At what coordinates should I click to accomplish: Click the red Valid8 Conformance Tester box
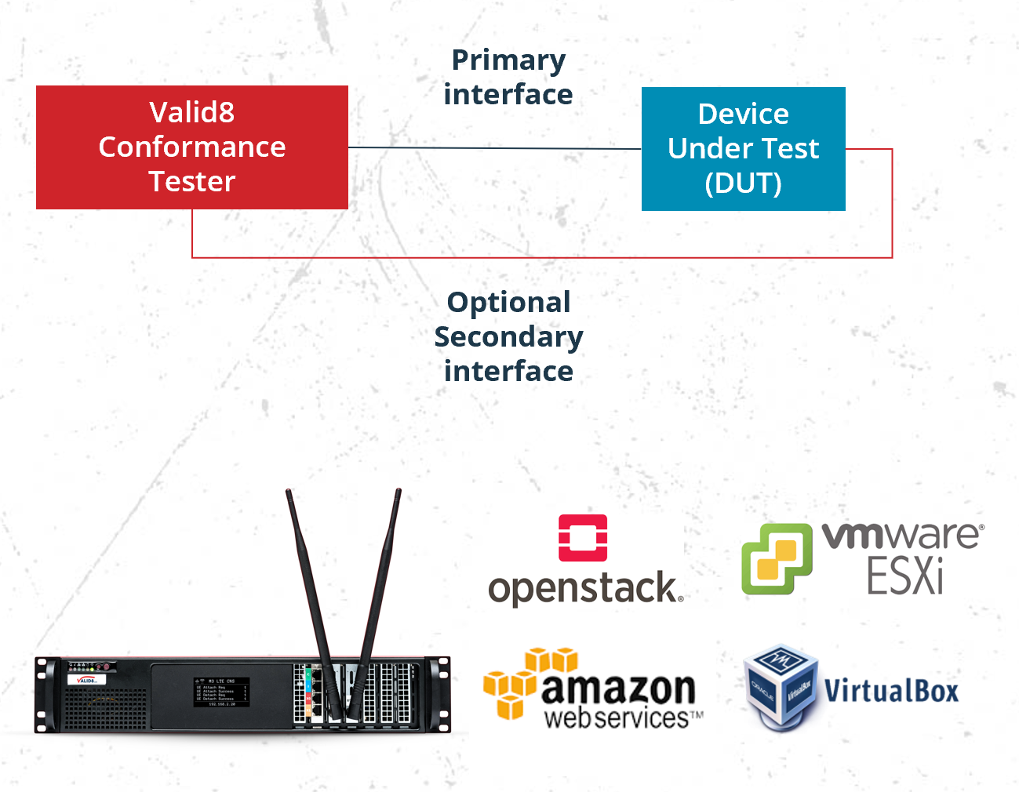(192, 147)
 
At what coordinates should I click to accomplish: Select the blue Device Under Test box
(743, 148)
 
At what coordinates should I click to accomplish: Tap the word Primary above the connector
(508, 60)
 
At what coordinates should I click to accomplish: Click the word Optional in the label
(508, 303)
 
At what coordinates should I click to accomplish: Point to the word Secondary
(508, 337)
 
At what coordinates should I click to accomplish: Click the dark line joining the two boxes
(494, 147)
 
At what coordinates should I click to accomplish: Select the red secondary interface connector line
(541, 256)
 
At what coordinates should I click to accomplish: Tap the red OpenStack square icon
(583, 538)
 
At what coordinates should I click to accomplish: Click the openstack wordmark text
(584, 588)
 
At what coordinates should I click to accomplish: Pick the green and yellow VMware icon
(777, 558)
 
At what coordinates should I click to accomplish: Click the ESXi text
(904, 576)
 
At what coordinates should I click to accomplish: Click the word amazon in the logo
(618, 688)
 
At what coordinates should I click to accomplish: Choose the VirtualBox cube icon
(780, 687)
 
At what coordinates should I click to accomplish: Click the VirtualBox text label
(891, 692)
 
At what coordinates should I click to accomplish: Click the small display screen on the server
(222, 692)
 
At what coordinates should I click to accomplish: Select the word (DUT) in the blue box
(743, 183)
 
